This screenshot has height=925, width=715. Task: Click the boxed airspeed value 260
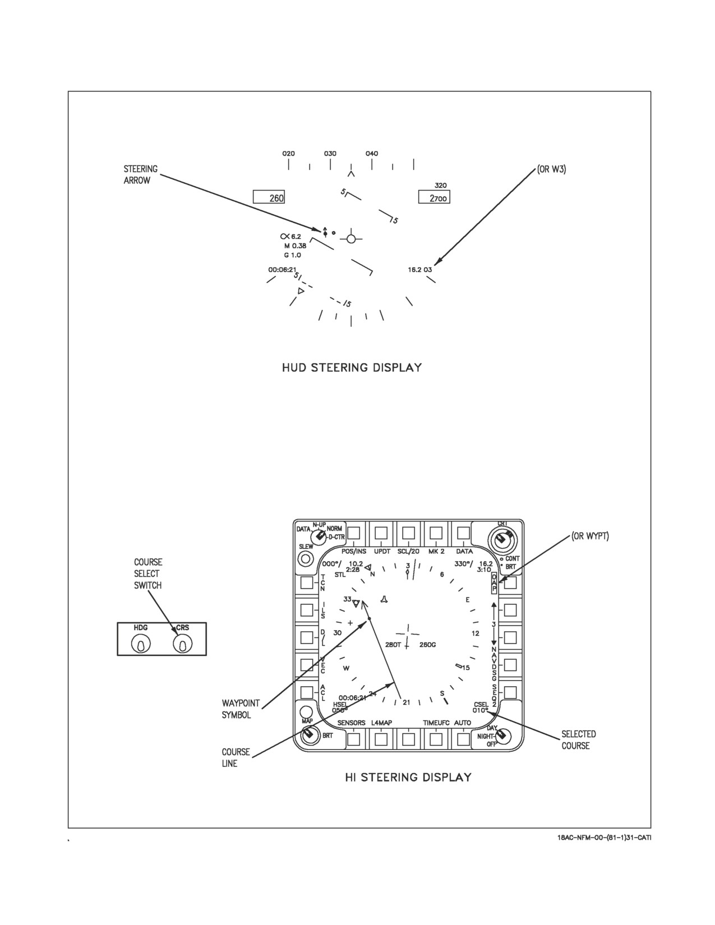pyautogui.click(x=269, y=197)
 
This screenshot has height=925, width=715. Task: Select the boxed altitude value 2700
pyautogui.click(x=434, y=197)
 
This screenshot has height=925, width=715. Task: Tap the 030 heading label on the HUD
pyautogui.click(x=330, y=154)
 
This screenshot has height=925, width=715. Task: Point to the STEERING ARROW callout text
pyautogui.click(x=141, y=174)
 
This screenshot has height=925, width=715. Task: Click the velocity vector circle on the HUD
pyautogui.click(x=351, y=239)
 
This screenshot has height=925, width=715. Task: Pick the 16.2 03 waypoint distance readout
pyautogui.click(x=419, y=270)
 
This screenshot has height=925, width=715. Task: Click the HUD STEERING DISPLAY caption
pyautogui.click(x=352, y=368)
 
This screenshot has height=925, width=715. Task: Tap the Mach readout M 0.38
pyautogui.click(x=295, y=246)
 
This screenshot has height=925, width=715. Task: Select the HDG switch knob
pyautogui.click(x=141, y=645)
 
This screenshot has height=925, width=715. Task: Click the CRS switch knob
pyautogui.click(x=183, y=645)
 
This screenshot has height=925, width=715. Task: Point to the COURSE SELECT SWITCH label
pyautogui.click(x=148, y=574)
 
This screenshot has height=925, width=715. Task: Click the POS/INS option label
pyautogui.click(x=353, y=551)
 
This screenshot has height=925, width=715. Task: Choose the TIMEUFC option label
pyautogui.click(x=436, y=723)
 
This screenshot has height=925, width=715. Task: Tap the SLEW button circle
pyautogui.click(x=305, y=558)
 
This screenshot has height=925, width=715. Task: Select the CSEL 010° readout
pyautogui.click(x=481, y=707)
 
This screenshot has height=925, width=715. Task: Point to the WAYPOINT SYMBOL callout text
pyautogui.click(x=241, y=709)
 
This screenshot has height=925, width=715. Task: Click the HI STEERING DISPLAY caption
pyautogui.click(x=408, y=778)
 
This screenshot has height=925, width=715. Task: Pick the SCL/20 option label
pyautogui.click(x=408, y=551)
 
